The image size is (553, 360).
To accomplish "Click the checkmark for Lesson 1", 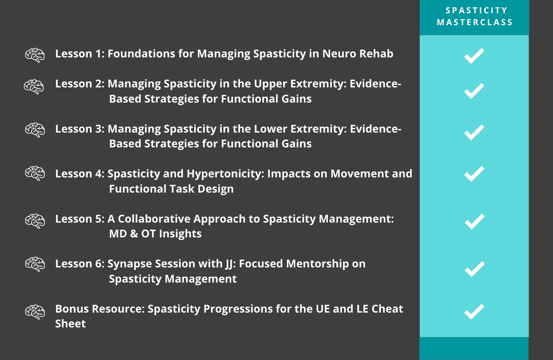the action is tap(474, 56).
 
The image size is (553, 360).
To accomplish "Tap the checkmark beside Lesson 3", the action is tap(474, 133).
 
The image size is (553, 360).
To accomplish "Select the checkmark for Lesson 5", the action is tap(475, 221).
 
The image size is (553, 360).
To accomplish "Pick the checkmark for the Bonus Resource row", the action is tap(474, 312).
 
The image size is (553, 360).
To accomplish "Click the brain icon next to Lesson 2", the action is tap(34, 87).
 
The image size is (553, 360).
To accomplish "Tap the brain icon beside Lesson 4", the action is tap(35, 173).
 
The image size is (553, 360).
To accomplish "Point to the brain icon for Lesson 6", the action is tap(35, 264).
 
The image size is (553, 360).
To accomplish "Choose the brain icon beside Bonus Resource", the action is tap(35, 312).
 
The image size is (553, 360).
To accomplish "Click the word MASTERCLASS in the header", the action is tap(475, 22).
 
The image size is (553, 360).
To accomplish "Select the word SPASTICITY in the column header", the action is tap(476, 10).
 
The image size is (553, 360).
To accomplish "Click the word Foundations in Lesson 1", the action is tap(141, 54).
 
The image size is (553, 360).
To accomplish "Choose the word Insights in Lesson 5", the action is tap(180, 234).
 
